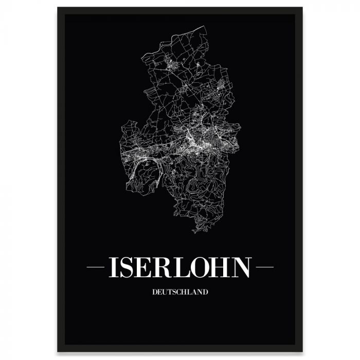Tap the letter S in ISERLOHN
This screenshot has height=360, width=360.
tap(129, 267)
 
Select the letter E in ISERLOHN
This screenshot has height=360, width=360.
tap(147, 267)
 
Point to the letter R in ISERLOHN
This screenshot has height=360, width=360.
tap(166, 267)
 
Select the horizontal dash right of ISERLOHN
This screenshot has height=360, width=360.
tap(264, 267)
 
